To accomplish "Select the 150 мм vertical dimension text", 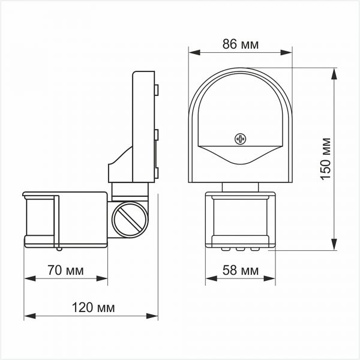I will point(344,157).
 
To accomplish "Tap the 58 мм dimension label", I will point(239,271).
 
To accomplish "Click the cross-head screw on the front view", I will point(241,139).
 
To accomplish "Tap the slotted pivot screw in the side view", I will point(129,220).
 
